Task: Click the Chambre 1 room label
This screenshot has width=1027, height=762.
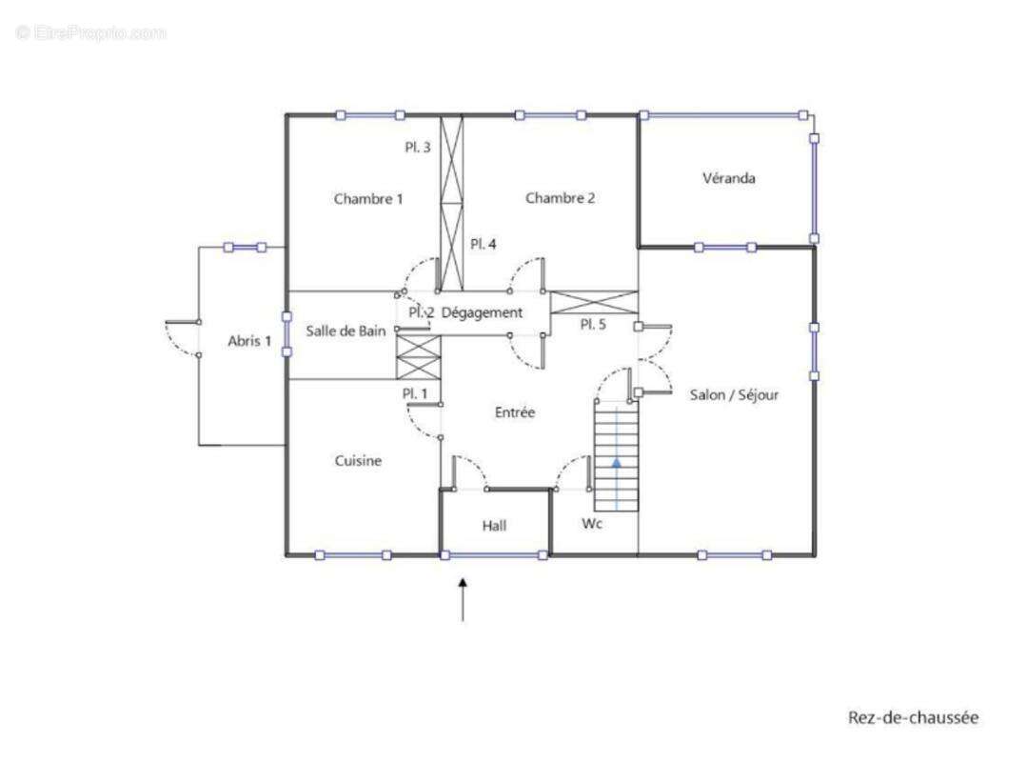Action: (368, 199)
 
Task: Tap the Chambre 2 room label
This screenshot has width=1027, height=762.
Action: (560, 198)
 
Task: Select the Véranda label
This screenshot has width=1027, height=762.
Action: (729, 178)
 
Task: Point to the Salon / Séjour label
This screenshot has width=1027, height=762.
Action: (734, 395)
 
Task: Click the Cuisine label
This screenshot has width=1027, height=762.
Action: (358, 461)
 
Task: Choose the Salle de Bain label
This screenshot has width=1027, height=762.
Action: (346, 331)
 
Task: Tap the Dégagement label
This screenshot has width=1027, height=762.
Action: (482, 313)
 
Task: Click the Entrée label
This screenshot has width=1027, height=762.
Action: (515, 412)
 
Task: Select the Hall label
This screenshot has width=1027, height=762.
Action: (495, 526)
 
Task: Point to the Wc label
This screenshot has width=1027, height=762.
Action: (592, 524)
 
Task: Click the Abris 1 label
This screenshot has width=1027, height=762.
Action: (249, 341)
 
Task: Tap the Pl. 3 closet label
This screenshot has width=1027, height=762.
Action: (418, 148)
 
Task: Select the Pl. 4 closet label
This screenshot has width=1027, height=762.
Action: (484, 245)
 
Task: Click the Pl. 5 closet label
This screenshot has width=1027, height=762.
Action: (593, 324)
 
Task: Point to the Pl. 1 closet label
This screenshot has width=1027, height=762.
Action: (415, 393)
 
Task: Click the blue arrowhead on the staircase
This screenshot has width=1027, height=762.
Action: (617, 462)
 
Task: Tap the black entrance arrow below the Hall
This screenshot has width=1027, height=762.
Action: (464, 599)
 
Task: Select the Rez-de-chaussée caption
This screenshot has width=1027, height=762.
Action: (914, 717)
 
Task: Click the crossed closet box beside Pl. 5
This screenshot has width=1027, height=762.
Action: (593, 303)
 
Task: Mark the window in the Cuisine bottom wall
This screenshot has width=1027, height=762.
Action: (353, 555)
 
